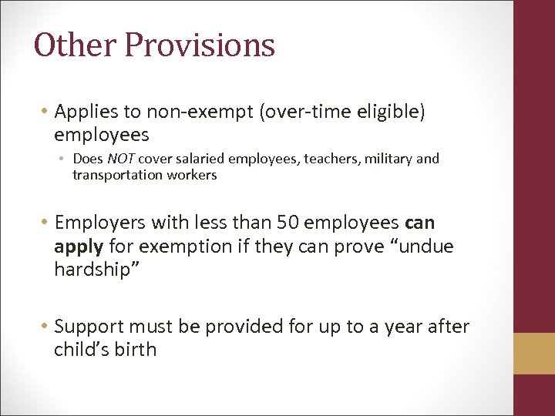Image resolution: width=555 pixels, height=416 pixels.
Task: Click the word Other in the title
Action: coord(74,45)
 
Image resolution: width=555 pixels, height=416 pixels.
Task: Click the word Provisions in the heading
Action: coord(200,46)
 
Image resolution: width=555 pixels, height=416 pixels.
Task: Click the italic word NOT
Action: coord(121,159)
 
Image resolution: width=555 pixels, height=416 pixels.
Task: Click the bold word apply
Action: coord(79,247)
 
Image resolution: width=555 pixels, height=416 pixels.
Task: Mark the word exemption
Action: coord(184,247)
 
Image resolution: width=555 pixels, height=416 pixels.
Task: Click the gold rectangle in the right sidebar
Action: coord(534,353)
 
